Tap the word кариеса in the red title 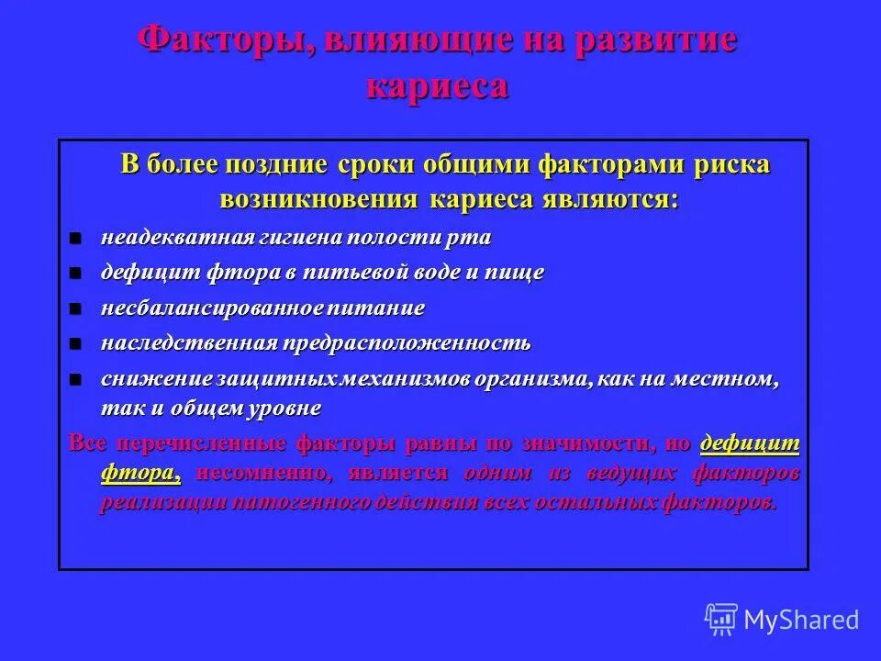437,85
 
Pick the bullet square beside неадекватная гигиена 77,239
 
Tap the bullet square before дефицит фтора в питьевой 77,274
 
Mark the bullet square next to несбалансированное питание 77,308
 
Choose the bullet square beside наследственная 77,344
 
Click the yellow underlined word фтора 139,473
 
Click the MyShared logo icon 721,620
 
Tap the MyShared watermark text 801,621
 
